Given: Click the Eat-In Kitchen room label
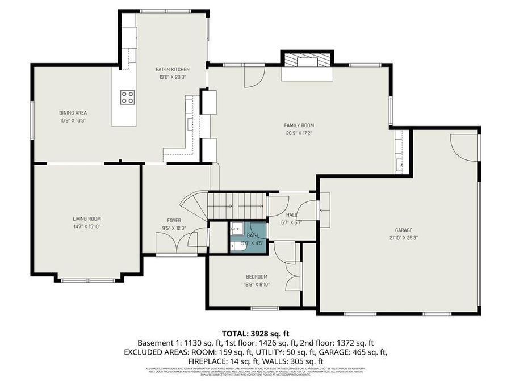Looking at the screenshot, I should [172, 69].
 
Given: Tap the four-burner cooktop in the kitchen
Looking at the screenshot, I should [127, 97].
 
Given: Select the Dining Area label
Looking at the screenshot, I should [73, 112].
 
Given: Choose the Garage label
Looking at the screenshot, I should [404, 230].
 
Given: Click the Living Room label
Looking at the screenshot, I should [87, 218].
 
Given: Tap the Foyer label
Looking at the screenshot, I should [174, 221].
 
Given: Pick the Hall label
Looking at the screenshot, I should [291, 215].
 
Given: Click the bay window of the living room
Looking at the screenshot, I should [87, 279].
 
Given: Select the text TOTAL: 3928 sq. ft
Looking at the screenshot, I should [255, 333].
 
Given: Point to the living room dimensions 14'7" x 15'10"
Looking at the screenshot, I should [87, 226].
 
